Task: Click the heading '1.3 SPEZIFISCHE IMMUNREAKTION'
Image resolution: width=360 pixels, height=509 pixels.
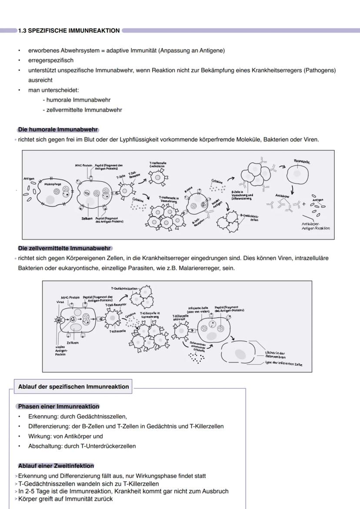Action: pos(69,31)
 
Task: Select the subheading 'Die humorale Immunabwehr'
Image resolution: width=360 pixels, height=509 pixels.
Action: pos(58,130)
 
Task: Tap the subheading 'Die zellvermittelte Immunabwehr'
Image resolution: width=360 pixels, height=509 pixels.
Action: pos(64,249)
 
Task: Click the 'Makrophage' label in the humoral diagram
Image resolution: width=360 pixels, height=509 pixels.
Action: pos(52,184)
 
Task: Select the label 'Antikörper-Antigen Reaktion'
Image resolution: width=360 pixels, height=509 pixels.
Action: pos(316,226)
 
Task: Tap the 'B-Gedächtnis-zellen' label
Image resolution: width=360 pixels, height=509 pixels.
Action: pos(250,217)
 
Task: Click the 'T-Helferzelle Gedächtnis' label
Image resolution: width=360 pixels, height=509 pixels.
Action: pos(158,165)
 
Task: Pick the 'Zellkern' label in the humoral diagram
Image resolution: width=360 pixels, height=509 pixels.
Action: pos(87,219)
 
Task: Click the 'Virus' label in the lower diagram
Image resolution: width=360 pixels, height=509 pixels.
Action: pos(60,301)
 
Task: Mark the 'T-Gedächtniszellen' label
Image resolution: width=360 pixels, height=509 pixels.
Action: pos(124,289)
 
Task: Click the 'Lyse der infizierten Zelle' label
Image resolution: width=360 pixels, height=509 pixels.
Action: pos(283,364)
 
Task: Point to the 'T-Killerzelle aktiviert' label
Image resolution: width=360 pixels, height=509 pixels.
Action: pos(180,318)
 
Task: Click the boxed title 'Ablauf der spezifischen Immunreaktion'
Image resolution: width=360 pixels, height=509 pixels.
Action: pos(73,386)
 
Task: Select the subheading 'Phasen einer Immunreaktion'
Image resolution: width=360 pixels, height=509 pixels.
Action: pos(58,406)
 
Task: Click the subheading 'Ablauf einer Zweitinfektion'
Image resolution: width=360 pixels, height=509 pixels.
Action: pos(56,466)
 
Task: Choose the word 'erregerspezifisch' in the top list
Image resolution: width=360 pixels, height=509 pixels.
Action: pos(51,60)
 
